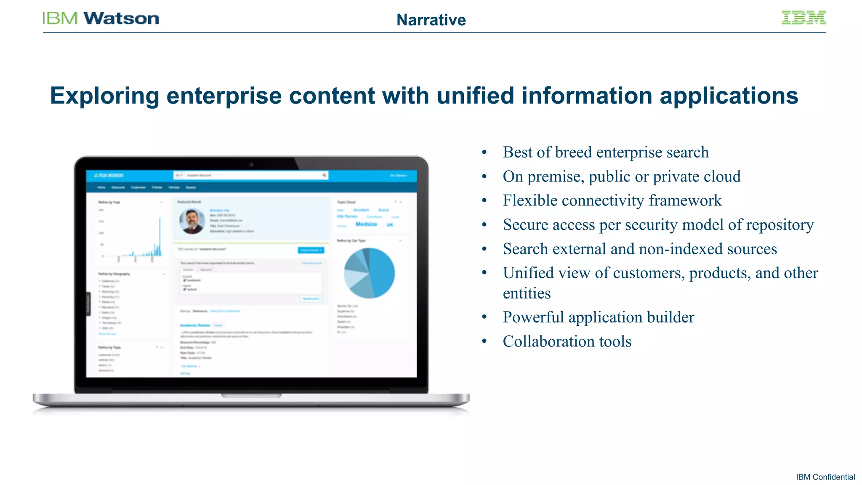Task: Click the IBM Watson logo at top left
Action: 101,19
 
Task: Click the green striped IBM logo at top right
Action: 803,18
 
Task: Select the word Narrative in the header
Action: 431,20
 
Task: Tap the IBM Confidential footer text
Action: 825,477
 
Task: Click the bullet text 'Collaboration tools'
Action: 567,341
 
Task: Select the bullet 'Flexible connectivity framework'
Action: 612,200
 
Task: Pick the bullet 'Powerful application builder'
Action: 598,317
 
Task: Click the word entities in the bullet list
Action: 527,293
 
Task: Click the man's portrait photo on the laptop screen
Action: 192,221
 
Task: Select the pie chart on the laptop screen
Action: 369,273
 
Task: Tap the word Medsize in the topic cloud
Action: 366,224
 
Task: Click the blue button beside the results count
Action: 311,250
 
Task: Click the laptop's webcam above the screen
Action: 251,164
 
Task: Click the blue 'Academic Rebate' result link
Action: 195,325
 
